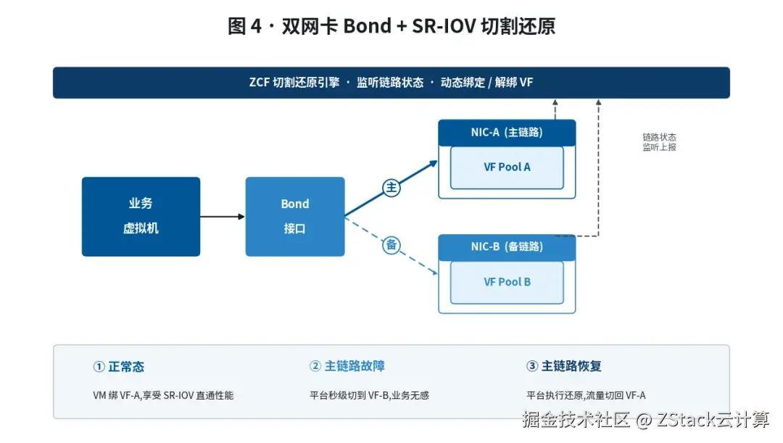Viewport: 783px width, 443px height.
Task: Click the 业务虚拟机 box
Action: pyautogui.click(x=141, y=216)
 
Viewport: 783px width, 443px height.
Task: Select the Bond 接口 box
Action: pyautogui.click(x=294, y=216)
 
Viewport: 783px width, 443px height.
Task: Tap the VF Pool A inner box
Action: pyautogui.click(x=507, y=167)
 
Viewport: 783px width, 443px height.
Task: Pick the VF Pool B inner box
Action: pyautogui.click(x=507, y=282)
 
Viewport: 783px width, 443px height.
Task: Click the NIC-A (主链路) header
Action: pyautogui.click(x=507, y=133)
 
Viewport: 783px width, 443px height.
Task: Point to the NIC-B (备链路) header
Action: pyautogui.click(x=507, y=247)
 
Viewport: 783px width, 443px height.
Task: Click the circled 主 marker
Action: pyautogui.click(x=391, y=187)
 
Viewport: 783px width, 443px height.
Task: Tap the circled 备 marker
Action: pyautogui.click(x=391, y=245)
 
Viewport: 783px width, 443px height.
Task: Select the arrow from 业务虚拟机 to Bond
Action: pyautogui.click(x=223, y=216)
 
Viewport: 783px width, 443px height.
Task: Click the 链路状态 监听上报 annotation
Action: pyautogui.click(x=659, y=142)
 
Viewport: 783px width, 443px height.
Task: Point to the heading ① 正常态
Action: pyautogui.click(x=118, y=367)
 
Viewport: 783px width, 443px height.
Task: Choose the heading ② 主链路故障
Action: pyautogui.click(x=347, y=366)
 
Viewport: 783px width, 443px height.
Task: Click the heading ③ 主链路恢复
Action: pyautogui.click(x=564, y=366)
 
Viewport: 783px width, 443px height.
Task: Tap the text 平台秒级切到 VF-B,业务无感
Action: pyautogui.click(x=369, y=395)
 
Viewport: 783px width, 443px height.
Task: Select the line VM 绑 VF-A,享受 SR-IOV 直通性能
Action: pyautogui.click(x=163, y=395)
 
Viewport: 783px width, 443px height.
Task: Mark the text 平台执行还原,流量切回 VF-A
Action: pyautogui.click(x=586, y=395)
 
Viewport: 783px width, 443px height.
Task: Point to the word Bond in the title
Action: pyautogui.click(x=367, y=26)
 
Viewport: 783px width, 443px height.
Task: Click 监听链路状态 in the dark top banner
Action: pyautogui.click(x=390, y=83)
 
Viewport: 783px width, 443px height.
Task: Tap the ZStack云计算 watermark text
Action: pyautogui.click(x=713, y=420)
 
